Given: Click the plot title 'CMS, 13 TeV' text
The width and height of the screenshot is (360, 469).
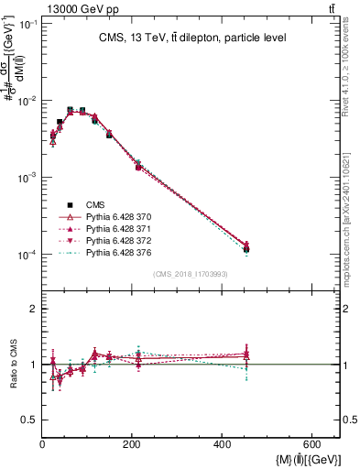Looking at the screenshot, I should tap(191, 38).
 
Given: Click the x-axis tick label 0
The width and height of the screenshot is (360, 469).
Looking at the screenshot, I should tap(42, 444).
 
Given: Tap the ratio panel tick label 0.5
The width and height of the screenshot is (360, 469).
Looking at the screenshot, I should tap(29, 420).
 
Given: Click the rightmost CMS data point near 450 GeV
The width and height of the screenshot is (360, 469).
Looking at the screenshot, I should tap(246, 249).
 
